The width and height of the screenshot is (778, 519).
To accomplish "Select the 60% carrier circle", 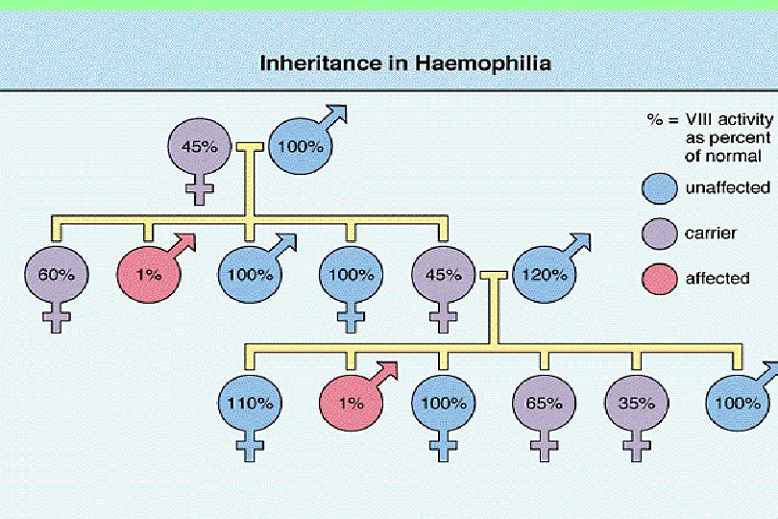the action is click(x=57, y=275).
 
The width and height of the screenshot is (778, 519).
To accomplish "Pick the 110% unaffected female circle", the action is click(x=253, y=404).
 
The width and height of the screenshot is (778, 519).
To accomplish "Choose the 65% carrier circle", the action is click(x=544, y=404).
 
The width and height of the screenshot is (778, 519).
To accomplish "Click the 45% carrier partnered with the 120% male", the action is click(x=443, y=275).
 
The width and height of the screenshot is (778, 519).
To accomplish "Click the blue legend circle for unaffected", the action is click(x=660, y=188).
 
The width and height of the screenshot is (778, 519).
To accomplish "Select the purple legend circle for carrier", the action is click(x=660, y=234).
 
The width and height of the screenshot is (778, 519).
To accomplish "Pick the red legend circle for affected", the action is click(x=660, y=279).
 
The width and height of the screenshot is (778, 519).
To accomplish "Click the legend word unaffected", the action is click(x=726, y=188).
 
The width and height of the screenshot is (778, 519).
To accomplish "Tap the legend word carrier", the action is click(x=712, y=234).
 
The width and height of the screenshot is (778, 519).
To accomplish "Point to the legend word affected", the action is click(x=717, y=279).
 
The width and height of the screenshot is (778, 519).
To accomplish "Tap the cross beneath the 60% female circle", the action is click(x=57, y=320).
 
